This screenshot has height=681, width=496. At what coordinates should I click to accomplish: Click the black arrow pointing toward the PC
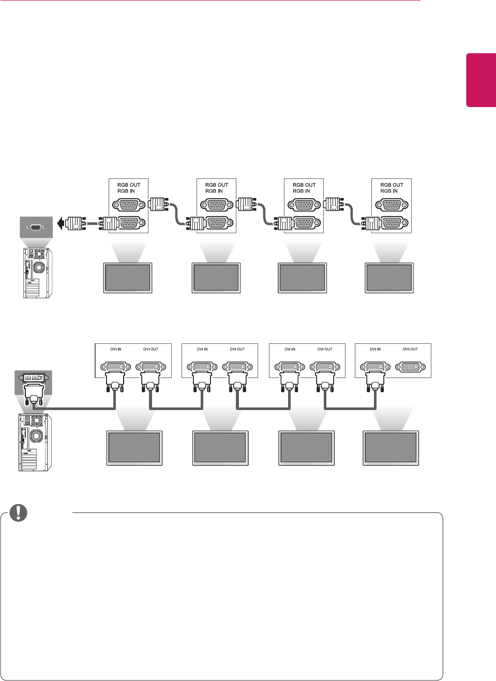(x=61, y=224)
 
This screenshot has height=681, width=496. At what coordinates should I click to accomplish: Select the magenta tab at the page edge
(x=481, y=80)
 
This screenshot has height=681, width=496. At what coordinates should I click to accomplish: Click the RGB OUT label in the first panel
(x=129, y=185)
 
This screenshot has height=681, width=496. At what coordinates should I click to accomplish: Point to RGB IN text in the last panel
(x=389, y=191)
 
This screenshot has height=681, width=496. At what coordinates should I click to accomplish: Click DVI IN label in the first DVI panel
(x=115, y=349)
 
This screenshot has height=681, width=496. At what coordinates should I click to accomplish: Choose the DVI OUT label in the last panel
(x=410, y=349)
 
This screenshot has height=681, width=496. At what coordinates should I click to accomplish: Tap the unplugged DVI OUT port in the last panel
(x=410, y=367)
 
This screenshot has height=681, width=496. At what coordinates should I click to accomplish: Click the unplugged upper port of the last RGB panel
(x=392, y=205)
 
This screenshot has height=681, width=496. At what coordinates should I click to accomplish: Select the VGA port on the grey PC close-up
(x=36, y=227)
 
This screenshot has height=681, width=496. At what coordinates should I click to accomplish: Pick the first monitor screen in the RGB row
(x=128, y=277)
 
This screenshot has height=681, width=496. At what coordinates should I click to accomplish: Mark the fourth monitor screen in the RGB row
(x=389, y=277)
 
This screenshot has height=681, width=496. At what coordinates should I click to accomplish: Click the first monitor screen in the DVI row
(x=134, y=447)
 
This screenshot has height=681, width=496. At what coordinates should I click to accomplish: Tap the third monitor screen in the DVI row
(x=306, y=447)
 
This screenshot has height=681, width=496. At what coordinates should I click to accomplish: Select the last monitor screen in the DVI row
(x=390, y=447)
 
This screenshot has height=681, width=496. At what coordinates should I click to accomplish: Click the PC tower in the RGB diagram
(x=37, y=273)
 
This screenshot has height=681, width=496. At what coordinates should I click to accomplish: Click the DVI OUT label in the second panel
(x=237, y=349)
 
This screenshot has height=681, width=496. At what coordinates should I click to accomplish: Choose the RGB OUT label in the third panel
(x=304, y=185)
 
